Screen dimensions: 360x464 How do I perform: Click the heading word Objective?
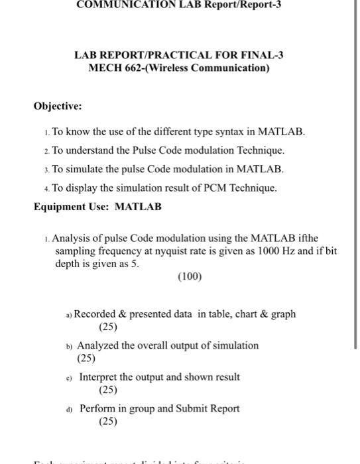(x=59, y=105)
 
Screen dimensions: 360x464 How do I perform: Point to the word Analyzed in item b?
(x=98, y=345)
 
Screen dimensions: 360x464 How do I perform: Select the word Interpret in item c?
(x=99, y=377)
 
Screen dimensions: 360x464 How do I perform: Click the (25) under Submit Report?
(x=107, y=421)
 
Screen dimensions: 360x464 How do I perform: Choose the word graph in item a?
(x=283, y=314)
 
